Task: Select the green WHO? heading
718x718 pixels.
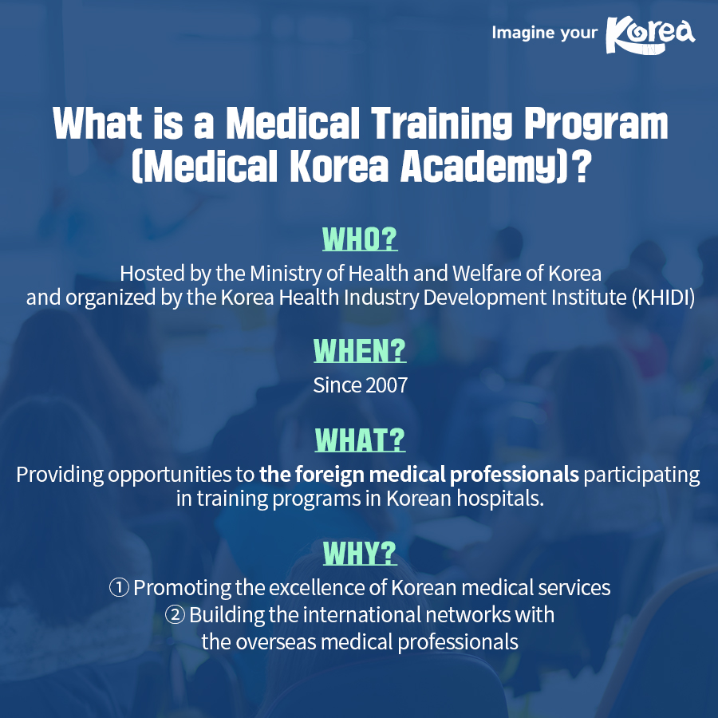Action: [x=359, y=239]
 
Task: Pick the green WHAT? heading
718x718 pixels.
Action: [x=360, y=440]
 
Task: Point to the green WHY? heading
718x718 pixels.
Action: [x=359, y=552]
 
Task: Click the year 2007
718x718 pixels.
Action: [x=386, y=385]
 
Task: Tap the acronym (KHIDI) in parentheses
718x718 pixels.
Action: [x=661, y=298]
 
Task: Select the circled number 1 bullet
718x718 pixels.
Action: [x=119, y=588]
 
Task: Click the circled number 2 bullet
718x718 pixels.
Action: [x=176, y=615]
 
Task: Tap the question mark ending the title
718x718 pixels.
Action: [x=582, y=168]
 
